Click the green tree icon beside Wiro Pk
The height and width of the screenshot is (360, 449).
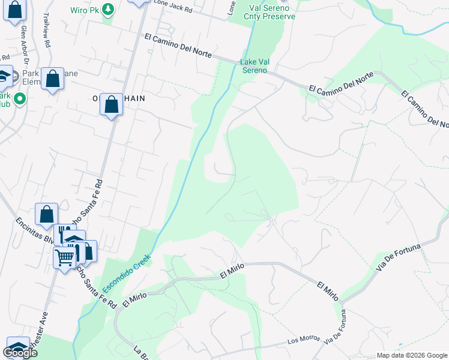pos(107,9)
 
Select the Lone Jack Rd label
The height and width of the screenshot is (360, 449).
pos(173,7)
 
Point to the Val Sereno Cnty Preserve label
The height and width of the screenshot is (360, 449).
pos(273,13)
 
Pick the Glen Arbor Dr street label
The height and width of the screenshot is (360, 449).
pos(25,44)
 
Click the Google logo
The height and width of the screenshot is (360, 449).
pos(20,353)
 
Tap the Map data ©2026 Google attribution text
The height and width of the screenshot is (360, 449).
pos(411,355)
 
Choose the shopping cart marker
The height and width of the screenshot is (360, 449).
pos(65,257)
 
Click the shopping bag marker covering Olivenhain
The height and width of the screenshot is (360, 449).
pos(112,104)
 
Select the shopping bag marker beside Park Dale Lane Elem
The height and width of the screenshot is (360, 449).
pos(53,79)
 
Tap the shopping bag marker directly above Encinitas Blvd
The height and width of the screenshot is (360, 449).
pos(46,214)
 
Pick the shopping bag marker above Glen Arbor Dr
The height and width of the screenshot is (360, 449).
pos(15,10)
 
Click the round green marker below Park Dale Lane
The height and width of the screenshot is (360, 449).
pos(19,98)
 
